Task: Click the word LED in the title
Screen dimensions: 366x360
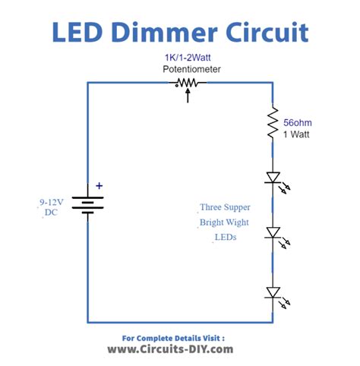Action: [80, 33]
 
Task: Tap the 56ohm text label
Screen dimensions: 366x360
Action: [298, 121]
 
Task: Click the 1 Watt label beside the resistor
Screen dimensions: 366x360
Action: [297, 134]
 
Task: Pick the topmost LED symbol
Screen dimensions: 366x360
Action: [273, 178]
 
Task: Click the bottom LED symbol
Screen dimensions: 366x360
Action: [273, 292]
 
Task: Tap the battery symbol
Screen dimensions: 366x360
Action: [87, 204]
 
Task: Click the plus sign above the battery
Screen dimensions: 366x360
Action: [98, 185]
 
